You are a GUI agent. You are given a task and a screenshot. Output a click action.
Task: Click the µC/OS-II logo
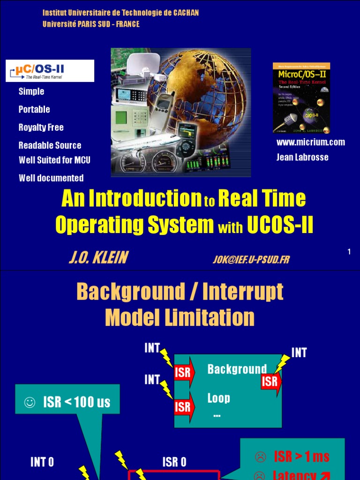coord(50,71)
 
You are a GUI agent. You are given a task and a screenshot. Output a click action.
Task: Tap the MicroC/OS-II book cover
coord(301,98)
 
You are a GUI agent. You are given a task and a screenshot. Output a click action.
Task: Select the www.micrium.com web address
coord(310,142)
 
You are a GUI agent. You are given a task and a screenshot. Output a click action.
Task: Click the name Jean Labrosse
coord(302,157)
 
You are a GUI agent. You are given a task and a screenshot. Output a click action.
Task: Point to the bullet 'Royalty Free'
coord(41,127)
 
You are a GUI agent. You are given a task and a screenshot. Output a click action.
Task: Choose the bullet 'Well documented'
coord(51,178)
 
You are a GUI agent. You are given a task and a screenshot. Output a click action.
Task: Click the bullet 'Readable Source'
coord(50,145)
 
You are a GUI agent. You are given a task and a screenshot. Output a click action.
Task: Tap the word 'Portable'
coord(34,109)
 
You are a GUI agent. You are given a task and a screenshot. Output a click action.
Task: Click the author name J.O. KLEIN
coord(98,257)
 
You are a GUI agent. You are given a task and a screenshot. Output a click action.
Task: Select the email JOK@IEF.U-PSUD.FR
coord(251,259)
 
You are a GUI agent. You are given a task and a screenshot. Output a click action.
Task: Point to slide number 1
coord(349,252)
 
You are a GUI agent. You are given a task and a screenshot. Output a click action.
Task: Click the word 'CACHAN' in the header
coord(186,13)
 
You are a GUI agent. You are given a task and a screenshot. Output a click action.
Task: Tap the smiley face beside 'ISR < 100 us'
coord(30,402)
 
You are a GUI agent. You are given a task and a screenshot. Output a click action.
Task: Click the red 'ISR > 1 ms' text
coord(301,456)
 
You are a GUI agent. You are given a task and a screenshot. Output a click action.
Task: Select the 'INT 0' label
coord(42,462)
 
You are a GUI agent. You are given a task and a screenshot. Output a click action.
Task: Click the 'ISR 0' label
coord(174,462)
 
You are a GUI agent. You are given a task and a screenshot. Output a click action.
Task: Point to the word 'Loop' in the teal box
coord(218,398)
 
